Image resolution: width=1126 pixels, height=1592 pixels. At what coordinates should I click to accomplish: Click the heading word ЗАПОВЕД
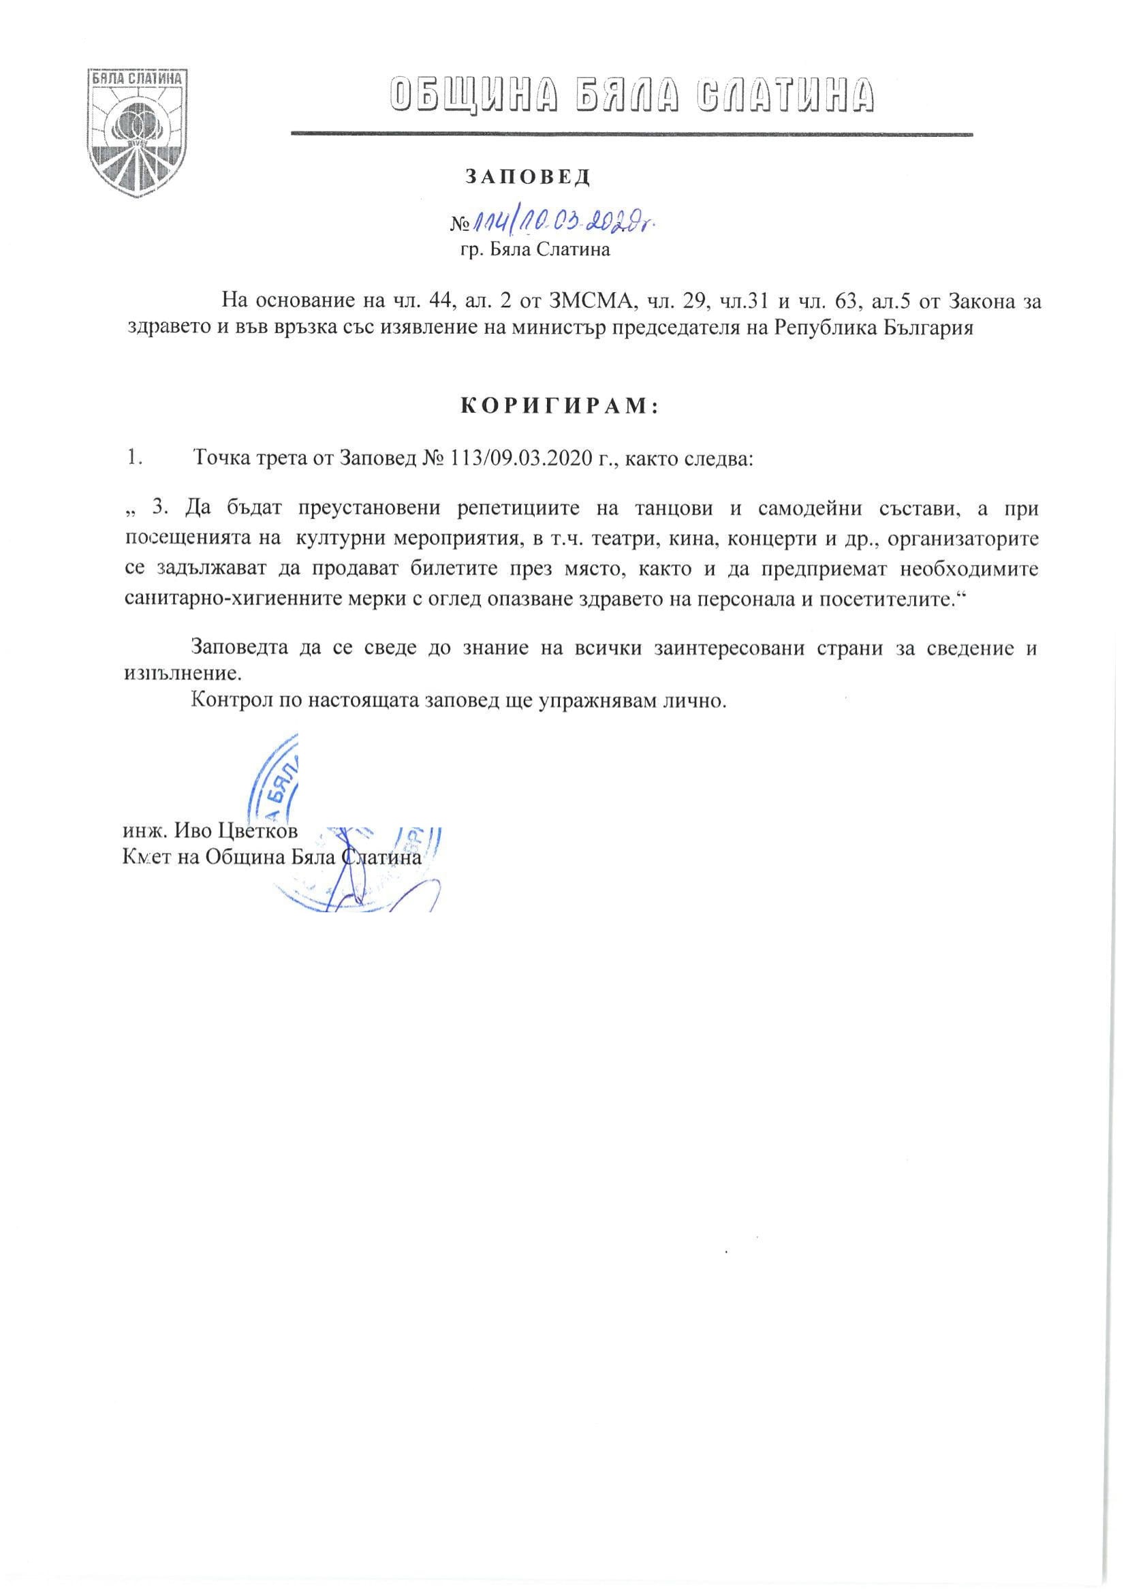click(x=527, y=178)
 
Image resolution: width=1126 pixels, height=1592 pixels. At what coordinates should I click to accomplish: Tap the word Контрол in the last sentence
click(x=228, y=701)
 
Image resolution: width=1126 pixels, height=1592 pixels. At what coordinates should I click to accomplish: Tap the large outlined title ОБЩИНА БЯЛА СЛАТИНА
click(x=631, y=95)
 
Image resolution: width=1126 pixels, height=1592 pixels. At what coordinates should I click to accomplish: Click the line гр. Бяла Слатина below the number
click(x=530, y=250)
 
